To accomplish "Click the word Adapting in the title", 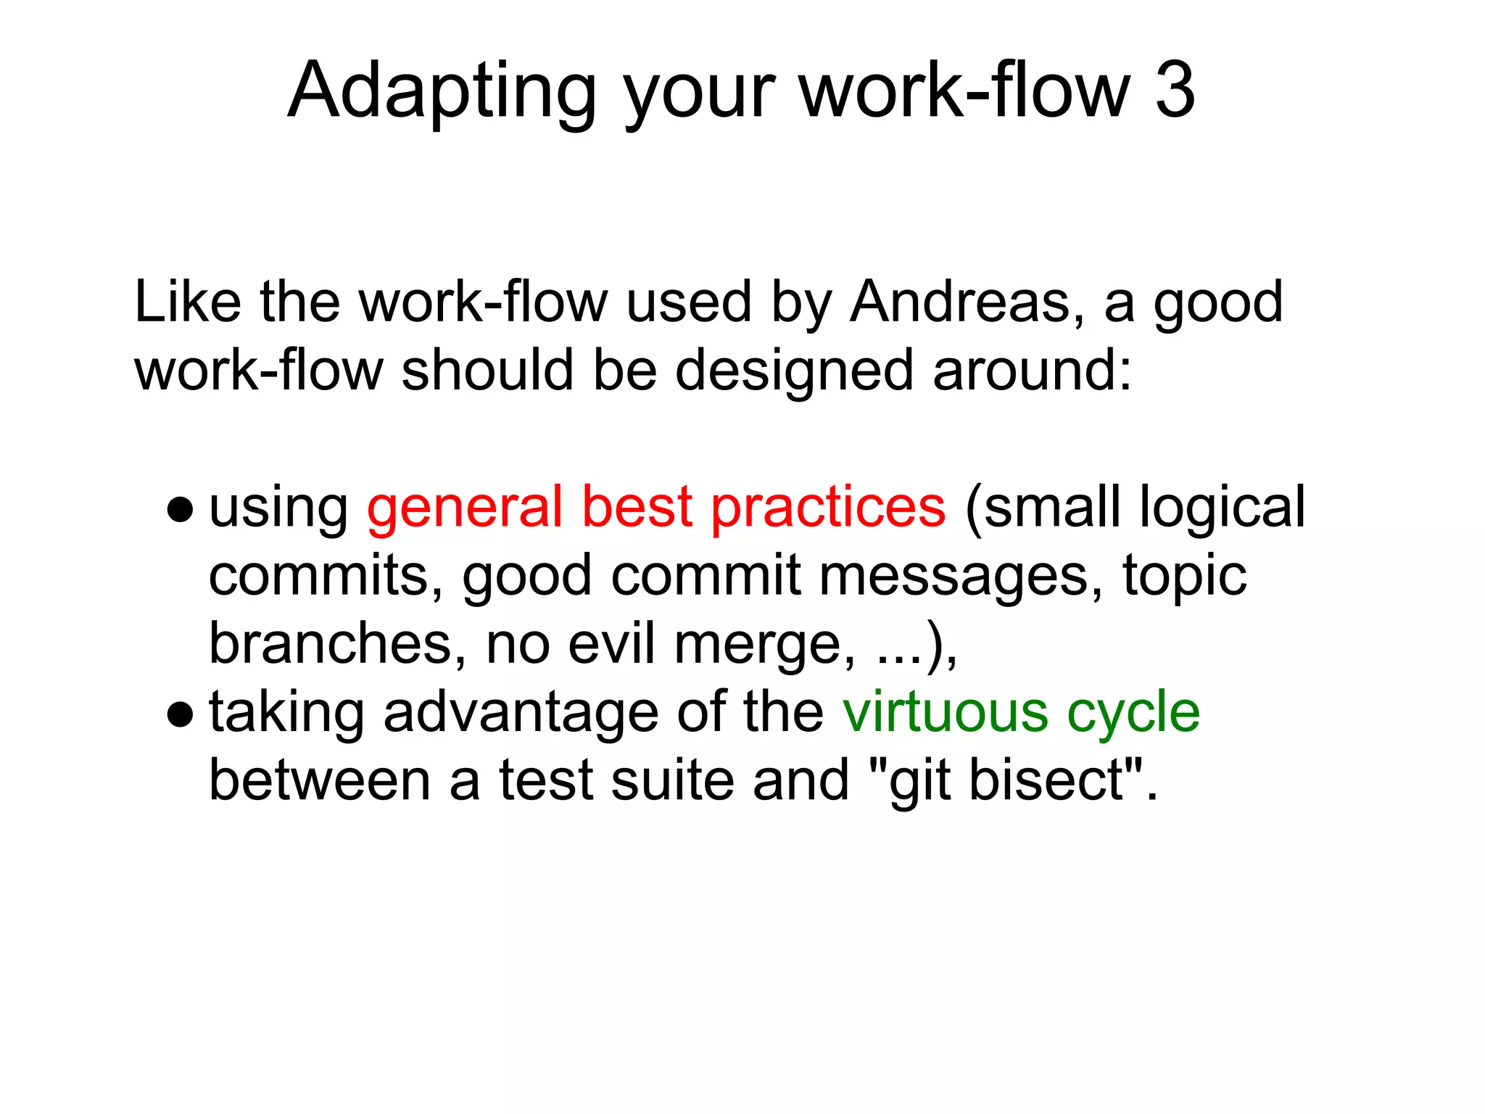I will click(442, 91).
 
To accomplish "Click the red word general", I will click(465, 508).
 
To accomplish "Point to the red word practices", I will click(827, 508).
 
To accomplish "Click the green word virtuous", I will click(945, 712).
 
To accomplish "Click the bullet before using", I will click(179, 510).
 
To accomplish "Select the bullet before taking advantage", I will click(179, 714).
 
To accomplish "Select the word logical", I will click(1221, 508).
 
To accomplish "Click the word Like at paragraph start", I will click(188, 302).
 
